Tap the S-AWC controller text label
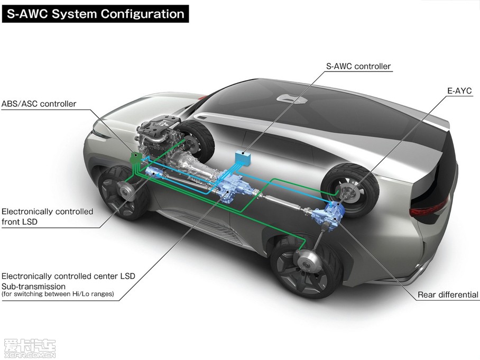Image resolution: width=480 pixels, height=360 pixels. click(x=358, y=66)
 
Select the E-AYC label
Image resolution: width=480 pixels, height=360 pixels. click(x=459, y=91)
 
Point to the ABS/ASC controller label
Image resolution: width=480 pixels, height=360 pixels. click(x=39, y=104)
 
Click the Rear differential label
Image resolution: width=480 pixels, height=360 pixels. click(x=448, y=294)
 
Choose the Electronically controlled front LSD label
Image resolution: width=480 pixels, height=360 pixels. click(x=47, y=216)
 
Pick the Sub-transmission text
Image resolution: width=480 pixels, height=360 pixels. click(x=33, y=285)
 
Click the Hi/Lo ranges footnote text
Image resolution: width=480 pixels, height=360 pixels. click(x=58, y=294)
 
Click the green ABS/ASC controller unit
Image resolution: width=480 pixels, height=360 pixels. click(x=135, y=157)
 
